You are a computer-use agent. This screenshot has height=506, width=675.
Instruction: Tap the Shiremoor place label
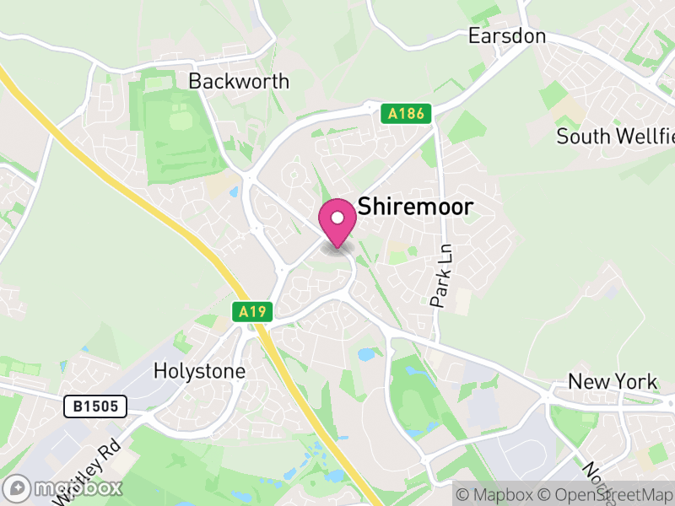pos(416,207)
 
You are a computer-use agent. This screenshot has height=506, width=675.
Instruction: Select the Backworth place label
pos(239,82)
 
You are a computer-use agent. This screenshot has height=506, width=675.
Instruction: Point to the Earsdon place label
pos(507,36)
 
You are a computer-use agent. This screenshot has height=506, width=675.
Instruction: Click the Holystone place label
pos(200,371)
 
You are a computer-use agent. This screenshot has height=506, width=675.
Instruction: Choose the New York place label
pos(613,381)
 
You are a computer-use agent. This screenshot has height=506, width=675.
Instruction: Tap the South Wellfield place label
pos(614,137)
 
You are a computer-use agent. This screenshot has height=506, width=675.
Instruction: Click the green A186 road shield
pos(406,113)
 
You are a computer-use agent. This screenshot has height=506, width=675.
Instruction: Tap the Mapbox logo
pos(64,488)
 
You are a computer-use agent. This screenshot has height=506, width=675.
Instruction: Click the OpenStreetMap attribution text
pos(607,493)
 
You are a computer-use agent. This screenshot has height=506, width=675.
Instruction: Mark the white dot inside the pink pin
pos(337,218)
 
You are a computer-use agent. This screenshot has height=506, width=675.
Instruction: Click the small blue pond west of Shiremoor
pos(233,192)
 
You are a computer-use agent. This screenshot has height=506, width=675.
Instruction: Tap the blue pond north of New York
pos(369,355)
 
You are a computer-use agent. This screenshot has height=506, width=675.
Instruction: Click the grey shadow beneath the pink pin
pos(337,247)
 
